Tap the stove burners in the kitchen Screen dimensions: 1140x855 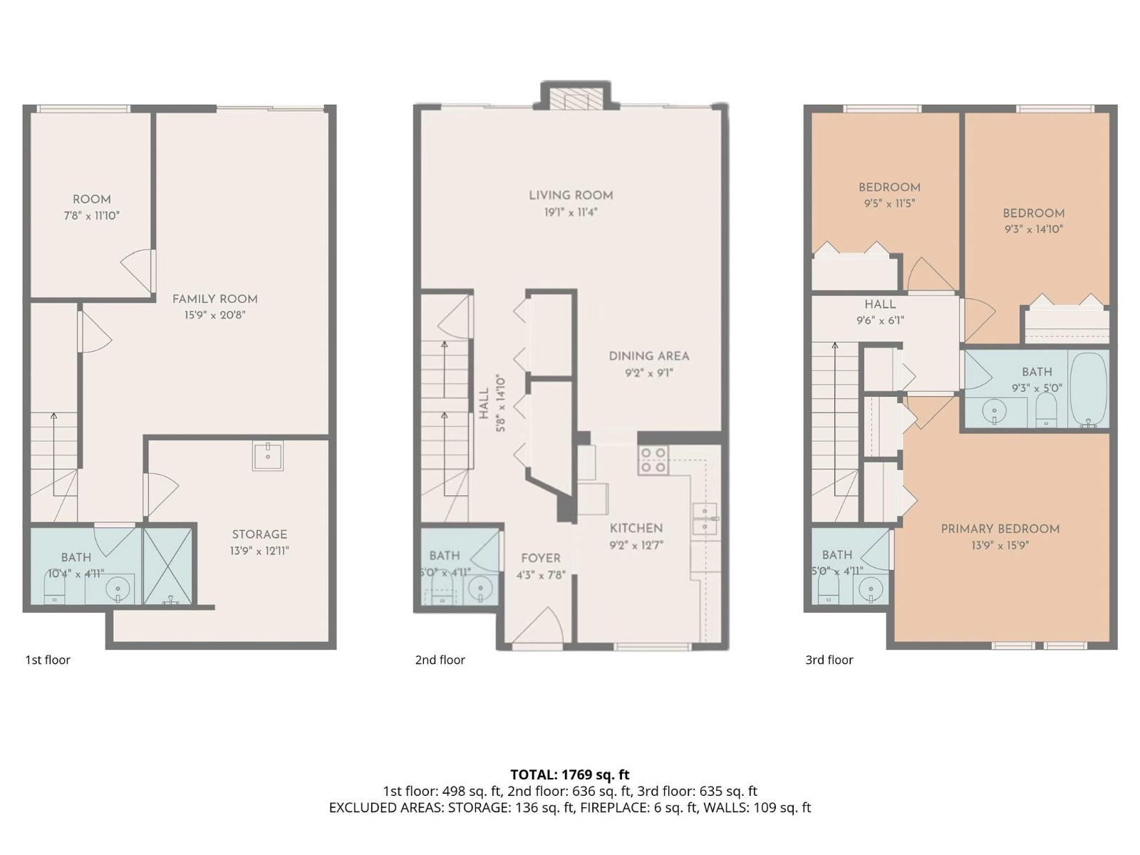pyautogui.click(x=653, y=460)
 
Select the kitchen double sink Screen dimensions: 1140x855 pyautogui.click(x=705, y=518)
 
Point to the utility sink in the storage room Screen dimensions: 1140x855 pyautogui.click(x=267, y=455)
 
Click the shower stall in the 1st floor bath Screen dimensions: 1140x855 pyautogui.click(x=167, y=565)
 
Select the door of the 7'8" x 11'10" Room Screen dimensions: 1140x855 pyautogui.click(x=138, y=271)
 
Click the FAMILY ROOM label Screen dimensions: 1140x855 pyautogui.click(x=215, y=299)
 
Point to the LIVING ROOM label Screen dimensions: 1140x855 pyautogui.click(x=571, y=196)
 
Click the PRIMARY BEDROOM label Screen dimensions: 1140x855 pyautogui.click(x=1000, y=529)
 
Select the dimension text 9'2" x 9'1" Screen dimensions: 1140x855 pyautogui.click(x=648, y=373)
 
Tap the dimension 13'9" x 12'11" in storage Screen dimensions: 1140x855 pyautogui.click(x=259, y=551)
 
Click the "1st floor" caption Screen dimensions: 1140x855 pyautogui.click(x=48, y=660)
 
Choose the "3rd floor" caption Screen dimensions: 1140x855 pyautogui.click(x=829, y=660)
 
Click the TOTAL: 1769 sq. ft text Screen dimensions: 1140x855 pyautogui.click(x=570, y=774)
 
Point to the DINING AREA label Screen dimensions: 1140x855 pyautogui.click(x=648, y=356)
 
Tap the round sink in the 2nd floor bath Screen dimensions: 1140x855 pyautogui.click(x=480, y=589)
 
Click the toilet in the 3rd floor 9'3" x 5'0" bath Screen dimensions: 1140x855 pyautogui.click(x=1046, y=410)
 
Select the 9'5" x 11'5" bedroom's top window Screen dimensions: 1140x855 pyautogui.click(x=882, y=109)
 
